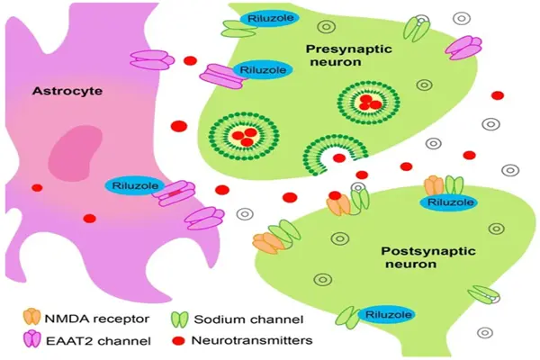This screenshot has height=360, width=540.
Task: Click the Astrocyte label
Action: [67, 91]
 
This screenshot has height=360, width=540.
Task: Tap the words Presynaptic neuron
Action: [349, 55]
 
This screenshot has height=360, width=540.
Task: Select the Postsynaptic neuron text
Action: [428, 257]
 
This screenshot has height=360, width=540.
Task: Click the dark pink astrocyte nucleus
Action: [75, 151]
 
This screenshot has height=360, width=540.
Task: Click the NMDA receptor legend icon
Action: [31, 319]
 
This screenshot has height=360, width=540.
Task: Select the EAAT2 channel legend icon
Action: [32, 338]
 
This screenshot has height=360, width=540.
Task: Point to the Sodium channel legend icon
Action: [179, 319]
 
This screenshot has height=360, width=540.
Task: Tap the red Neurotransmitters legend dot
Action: [178, 340]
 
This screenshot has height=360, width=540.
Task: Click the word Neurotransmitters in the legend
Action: [252, 340]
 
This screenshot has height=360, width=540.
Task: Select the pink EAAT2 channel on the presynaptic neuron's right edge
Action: [463, 48]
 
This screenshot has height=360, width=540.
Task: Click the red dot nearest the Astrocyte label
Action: [190, 61]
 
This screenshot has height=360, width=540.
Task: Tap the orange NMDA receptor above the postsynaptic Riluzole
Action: [435, 186]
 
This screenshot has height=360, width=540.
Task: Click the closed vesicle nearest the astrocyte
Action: [244, 136]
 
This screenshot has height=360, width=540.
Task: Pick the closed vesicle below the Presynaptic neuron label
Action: [368, 103]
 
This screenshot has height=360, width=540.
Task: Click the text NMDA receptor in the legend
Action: [97, 319]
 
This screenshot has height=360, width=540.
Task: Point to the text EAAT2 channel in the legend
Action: [98, 341]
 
